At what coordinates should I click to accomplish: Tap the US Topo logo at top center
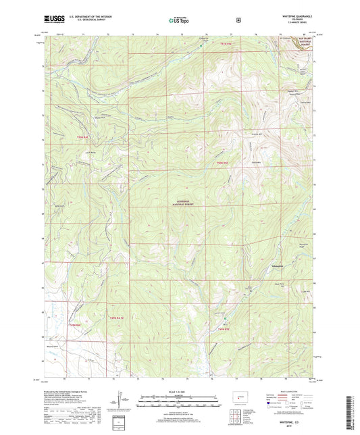pos(179,20)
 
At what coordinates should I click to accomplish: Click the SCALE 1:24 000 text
pos(179,392)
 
